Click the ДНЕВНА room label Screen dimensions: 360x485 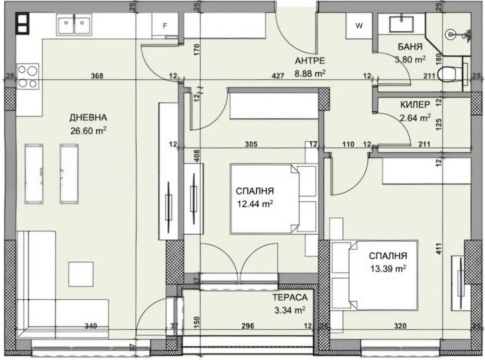89,117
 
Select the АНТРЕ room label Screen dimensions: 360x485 310,61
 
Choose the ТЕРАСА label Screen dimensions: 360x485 290,298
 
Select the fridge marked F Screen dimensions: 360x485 165,26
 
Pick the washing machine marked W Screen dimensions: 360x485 359,26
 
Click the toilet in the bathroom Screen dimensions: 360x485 450,73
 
